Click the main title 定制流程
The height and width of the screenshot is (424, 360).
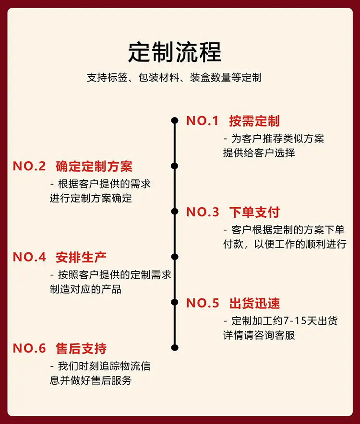click(x=175, y=52)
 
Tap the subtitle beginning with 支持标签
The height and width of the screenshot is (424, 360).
click(x=174, y=78)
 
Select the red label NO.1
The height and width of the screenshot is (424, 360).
click(x=202, y=120)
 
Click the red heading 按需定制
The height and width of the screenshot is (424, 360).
click(x=254, y=120)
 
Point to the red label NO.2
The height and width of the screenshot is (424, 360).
click(x=29, y=166)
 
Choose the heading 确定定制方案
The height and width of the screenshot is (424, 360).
click(x=94, y=166)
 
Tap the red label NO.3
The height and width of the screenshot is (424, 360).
click(x=203, y=212)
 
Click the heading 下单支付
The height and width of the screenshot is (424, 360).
click(x=254, y=212)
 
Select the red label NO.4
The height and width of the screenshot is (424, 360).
click(x=29, y=257)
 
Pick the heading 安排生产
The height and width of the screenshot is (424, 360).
click(x=81, y=257)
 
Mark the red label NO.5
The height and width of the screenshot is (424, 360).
click(x=203, y=303)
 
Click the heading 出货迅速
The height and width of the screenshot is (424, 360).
click(x=254, y=303)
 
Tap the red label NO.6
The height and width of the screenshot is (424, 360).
click(x=29, y=348)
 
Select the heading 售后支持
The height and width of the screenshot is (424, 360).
click(x=81, y=348)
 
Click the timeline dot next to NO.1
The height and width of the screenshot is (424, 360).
click(x=175, y=120)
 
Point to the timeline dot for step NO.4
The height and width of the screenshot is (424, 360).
click(x=175, y=257)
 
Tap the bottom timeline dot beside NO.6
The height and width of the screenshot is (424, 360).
click(x=175, y=347)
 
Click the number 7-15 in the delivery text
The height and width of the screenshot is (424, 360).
click(x=294, y=321)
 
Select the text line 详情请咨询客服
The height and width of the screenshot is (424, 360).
click(x=259, y=335)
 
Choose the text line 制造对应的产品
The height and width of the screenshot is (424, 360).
click(x=85, y=289)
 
